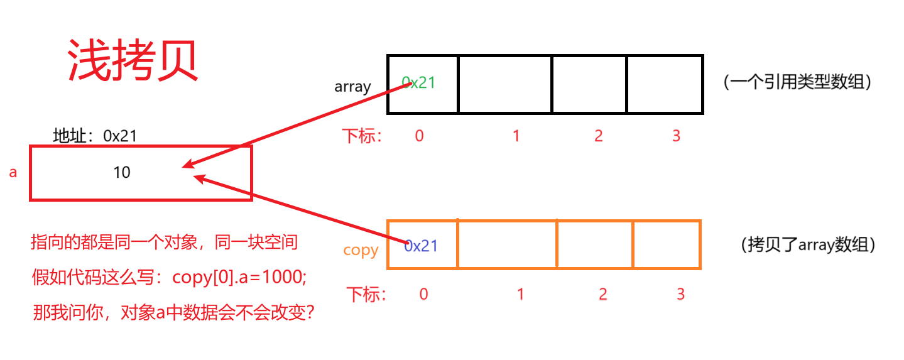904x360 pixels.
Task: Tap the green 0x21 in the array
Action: pos(419,82)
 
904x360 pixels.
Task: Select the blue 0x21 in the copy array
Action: pos(421,246)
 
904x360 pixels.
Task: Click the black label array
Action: pos(352,87)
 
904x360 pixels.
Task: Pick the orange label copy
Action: pos(361,250)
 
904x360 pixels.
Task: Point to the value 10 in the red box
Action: pos(121,172)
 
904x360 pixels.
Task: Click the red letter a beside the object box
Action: pos(13,172)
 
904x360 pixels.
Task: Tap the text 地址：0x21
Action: pos(95,135)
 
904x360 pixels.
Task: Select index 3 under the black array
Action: pos(676,136)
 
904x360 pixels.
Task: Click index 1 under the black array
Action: pos(516,136)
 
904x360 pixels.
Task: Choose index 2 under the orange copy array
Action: pos(603,293)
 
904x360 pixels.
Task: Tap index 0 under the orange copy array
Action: pos(423,293)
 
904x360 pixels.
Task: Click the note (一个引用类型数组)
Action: pos(797,82)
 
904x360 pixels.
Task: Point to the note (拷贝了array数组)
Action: pos(808,245)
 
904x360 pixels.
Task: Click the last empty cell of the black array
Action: pos(665,84)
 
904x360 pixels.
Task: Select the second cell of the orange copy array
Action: pos(507,244)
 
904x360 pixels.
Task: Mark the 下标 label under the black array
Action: pos(362,136)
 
